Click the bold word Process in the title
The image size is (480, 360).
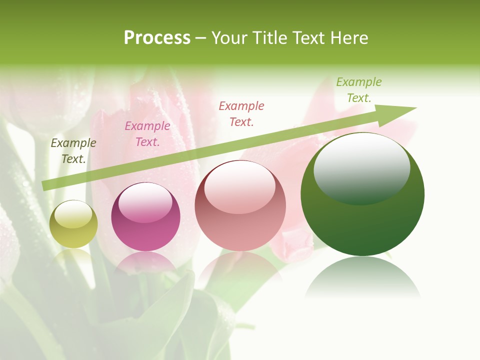click(157, 38)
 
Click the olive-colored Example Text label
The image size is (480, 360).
click(73, 151)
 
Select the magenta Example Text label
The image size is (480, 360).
click(147, 134)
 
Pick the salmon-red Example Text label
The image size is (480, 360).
click(241, 113)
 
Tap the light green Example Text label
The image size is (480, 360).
click(359, 90)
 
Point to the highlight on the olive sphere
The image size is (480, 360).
click(73, 214)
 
